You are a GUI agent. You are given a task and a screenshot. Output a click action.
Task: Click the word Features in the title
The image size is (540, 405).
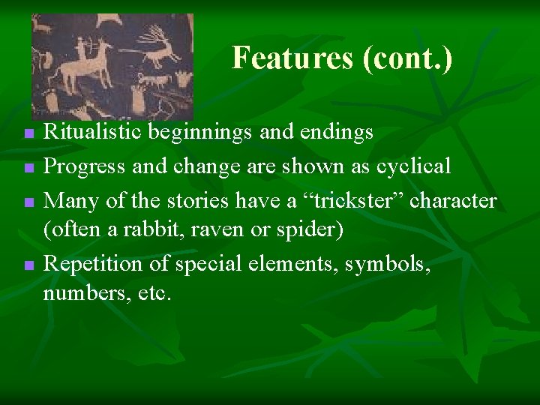point(292,58)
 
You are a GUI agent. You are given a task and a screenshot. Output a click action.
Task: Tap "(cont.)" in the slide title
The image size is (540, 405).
point(407,58)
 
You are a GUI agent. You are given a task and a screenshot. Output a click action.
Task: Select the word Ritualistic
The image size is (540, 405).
point(91,133)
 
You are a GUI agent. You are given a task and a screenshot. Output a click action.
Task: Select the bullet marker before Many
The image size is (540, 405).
point(28,202)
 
